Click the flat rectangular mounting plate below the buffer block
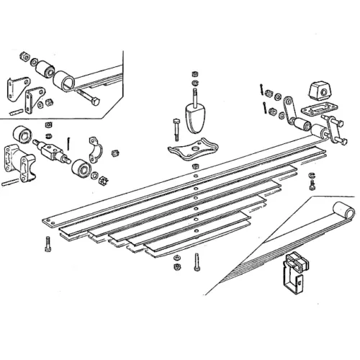[314, 110]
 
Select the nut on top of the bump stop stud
[194, 74]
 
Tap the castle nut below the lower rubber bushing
[103, 181]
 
